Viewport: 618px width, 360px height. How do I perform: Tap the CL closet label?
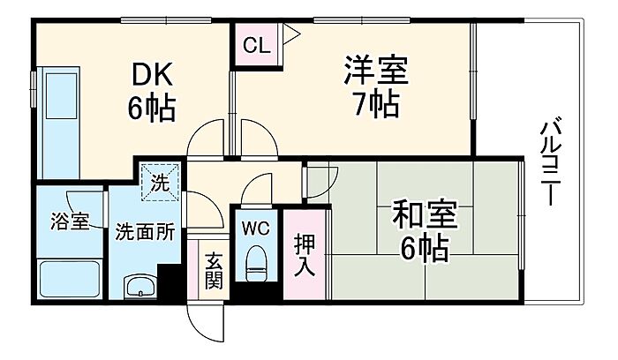[256, 44]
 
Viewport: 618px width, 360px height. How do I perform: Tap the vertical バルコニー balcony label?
[552, 163]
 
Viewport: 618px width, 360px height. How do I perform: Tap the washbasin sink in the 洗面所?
[140, 288]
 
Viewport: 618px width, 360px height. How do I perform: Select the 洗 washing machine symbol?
[162, 183]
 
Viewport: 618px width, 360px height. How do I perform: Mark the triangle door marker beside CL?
[291, 36]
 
